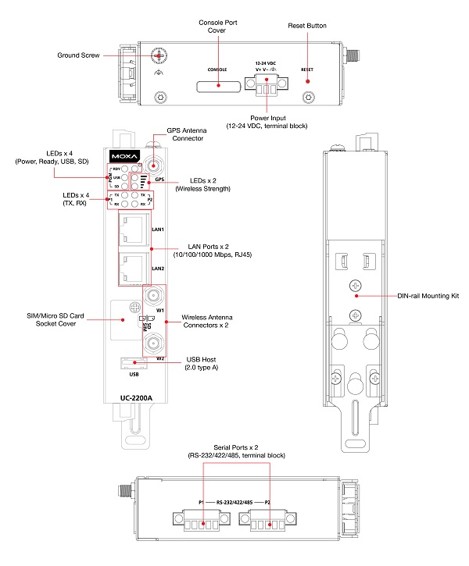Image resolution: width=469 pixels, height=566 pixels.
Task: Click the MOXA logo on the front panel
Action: (x=124, y=154)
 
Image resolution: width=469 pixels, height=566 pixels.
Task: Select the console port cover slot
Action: (x=217, y=80)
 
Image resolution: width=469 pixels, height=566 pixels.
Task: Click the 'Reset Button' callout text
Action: (x=306, y=26)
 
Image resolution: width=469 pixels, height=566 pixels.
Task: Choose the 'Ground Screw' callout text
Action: (x=77, y=55)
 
